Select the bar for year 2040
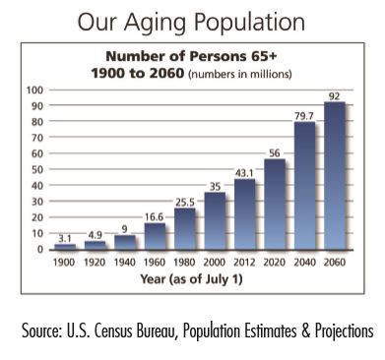(304, 186)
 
